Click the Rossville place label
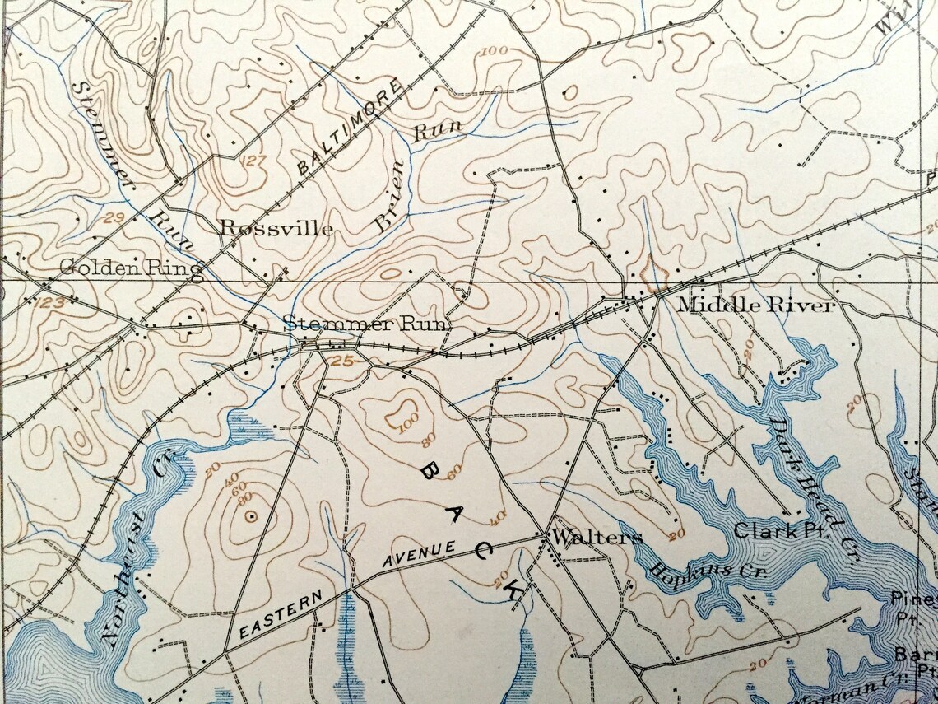coord(276,229)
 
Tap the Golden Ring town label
coord(131,268)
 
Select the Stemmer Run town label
coord(366,324)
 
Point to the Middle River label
coord(755,305)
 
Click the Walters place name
coord(597,538)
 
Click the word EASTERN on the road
coord(281,618)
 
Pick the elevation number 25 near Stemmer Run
coord(343,360)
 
